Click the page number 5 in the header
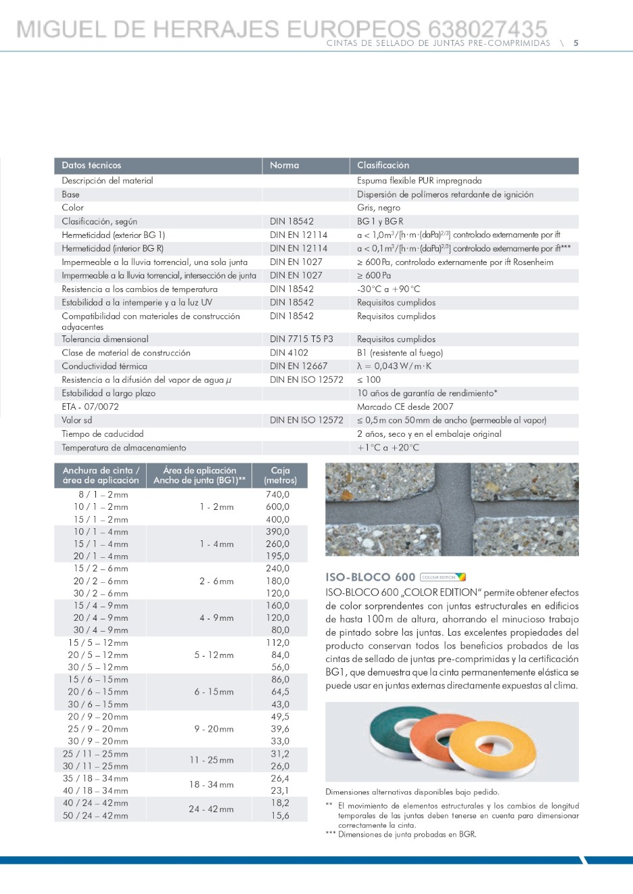click(576, 43)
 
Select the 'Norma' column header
click(284, 165)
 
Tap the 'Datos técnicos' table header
click(91, 165)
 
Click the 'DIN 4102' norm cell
click(289, 352)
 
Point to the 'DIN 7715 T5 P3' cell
click(301, 339)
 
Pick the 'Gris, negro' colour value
click(379, 208)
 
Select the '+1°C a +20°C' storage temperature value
click(388, 447)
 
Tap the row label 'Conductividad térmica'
click(104, 366)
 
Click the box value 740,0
click(277, 494)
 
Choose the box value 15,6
click(279, 816)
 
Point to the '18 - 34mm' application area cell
click(211, 784)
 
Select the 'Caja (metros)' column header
click(280, 475)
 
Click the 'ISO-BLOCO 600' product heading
click(370, 577)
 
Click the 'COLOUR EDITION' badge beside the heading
click(443, 577)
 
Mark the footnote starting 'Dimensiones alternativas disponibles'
click(412, 792)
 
